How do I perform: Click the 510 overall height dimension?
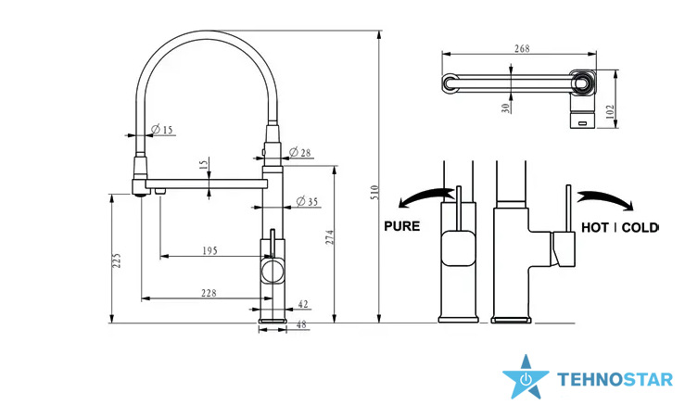point(374,192)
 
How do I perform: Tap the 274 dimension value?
point(330,237)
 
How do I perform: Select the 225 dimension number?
point(117,260)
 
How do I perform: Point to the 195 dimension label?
point(209,251)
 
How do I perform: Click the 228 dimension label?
point(209,293)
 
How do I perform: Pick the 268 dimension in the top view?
point(522,48)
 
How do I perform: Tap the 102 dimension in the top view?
point(610,111)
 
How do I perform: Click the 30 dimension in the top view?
point(506,108)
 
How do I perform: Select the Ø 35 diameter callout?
point(307,201)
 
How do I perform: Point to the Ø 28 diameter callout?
point(300,152)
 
